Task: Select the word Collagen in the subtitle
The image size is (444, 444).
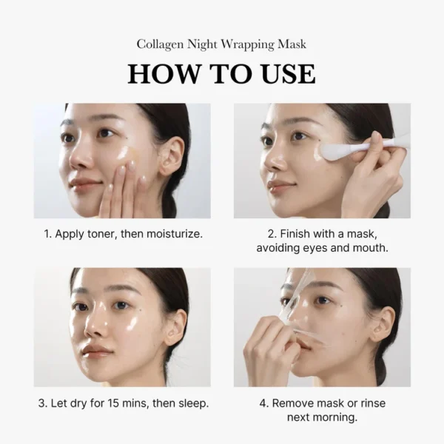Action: pos(160,44)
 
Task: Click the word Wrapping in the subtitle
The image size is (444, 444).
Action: pos(243,44)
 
